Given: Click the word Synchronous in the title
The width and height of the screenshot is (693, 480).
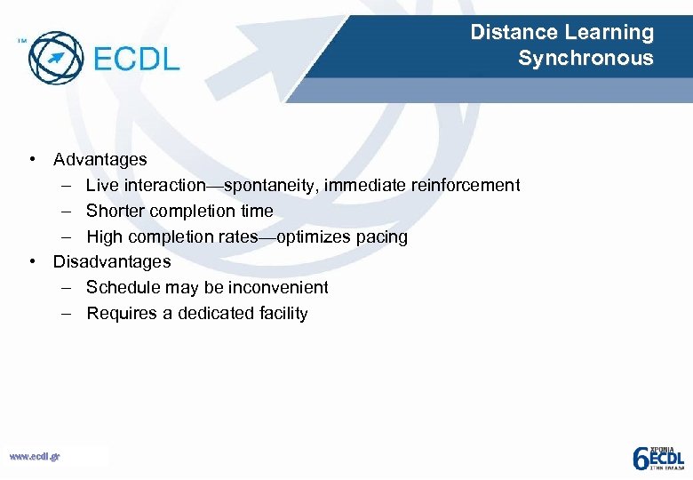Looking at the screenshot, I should (585, 60).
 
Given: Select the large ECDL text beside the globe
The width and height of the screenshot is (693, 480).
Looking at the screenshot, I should (136, 60).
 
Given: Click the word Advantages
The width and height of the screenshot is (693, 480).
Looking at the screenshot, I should (100, 160).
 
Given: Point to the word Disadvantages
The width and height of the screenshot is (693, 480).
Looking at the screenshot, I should (112, 262).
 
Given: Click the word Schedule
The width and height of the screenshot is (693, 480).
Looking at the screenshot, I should (122, 288).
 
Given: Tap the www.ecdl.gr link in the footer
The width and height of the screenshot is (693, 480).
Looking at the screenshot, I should (35, 457).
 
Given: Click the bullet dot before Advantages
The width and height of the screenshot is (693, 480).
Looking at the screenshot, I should (32, 160).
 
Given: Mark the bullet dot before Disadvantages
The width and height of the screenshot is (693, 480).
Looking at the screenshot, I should (32, 262).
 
